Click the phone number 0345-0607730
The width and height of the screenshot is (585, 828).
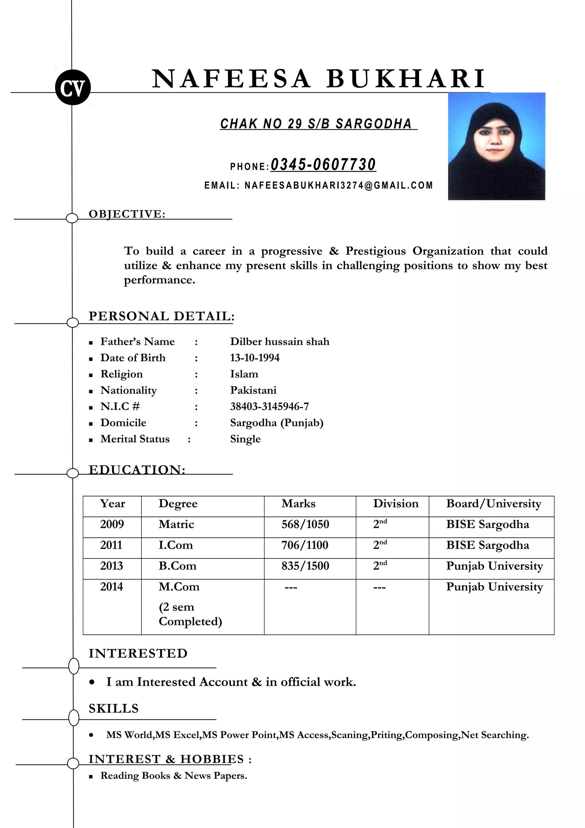pyautogui.click(x=323, y=165)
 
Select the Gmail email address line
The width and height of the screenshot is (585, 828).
pyautogui.click(x=318, y=185)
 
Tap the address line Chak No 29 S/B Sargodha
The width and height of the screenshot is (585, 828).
pyautogui.click(x=316, y=124)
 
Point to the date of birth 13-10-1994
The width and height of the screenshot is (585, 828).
pyautogui.click(x=255, y=358)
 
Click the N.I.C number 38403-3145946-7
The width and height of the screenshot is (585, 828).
pyautogui.click(x=269, y=406)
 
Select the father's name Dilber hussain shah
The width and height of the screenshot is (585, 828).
pyautogui.click(x=280, y=341)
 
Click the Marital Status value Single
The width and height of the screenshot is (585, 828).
pyautogui.click(x=245, y=439)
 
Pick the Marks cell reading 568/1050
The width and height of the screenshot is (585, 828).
pyautogui.click(x=305, y=524)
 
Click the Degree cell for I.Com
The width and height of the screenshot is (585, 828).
pyautogui.click(x=176, y=545)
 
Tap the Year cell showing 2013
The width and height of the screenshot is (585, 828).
pyautogui.click(x=111, y=565)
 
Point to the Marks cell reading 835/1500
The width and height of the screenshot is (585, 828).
pyautogui.click(x=305, y=565)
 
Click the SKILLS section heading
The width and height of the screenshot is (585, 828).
pyautogui.click(x=113, y=708)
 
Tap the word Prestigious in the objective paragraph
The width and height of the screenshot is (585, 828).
pyautogui.click(x=375, y=251)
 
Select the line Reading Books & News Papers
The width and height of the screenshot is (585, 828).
pyautogui.click(x=174, y=775)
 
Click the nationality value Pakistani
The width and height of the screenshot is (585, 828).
pyautogui.click(x=253, y=390)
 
